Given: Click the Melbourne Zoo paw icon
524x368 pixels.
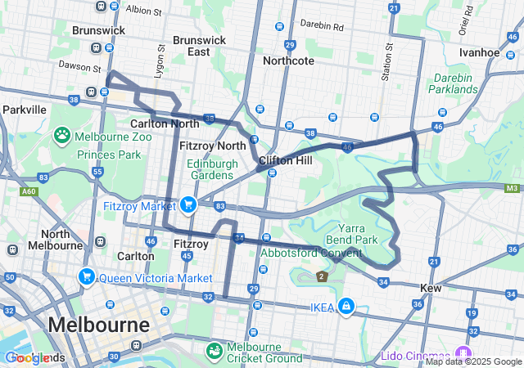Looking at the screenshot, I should pos(62,134).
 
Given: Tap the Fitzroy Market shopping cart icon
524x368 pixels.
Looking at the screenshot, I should pos(188,204).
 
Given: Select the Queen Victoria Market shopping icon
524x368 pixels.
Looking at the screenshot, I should pos(86,277).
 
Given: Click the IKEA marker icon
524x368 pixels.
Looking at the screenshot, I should pos(346,306).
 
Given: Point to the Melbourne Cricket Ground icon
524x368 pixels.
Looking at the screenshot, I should pos(215,351).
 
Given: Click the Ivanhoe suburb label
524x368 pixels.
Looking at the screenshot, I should pos(479,52).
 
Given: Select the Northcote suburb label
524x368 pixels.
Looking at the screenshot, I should pos(287,61).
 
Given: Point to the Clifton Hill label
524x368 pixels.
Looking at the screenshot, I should pos(285,160).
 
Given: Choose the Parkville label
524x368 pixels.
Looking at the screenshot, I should pos(24,109).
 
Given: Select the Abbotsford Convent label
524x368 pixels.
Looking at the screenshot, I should pos(310,253).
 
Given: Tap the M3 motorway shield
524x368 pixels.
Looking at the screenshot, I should pos(513,189).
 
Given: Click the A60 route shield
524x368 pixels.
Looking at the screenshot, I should pos(29,191).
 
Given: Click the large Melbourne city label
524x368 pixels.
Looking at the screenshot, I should pos(98,324).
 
